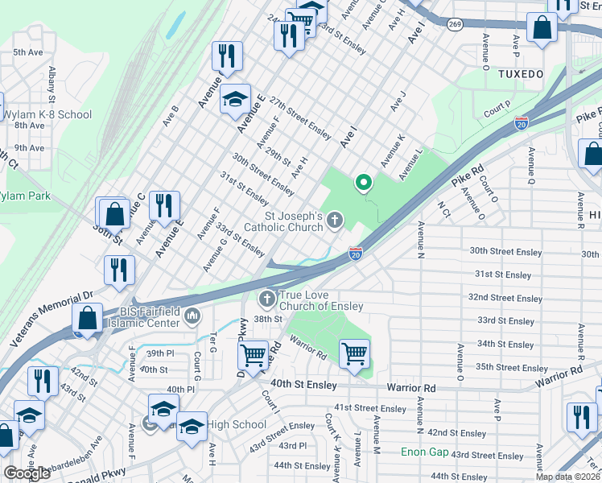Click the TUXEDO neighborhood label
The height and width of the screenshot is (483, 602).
tap(521, 73)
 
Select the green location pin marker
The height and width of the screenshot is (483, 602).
tap(364, 184)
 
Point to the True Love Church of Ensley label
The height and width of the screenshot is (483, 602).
tap(320, 300)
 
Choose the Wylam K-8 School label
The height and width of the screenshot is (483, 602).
tap(47, 114)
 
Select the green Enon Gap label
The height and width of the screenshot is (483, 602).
tap(425, 452)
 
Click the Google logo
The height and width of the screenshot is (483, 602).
tap(27, 473)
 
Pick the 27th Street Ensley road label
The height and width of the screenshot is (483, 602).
tap(300, 116)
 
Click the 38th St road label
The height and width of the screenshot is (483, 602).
tap(268, 319)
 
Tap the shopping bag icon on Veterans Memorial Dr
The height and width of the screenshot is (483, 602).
tap(88, 318)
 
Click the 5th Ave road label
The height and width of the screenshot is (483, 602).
tap(28, 52)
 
